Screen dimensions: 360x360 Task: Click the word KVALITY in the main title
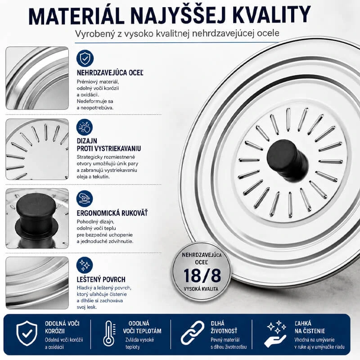tap(271, 16)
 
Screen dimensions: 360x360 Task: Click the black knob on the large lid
tap(287, 160)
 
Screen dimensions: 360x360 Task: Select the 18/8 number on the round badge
tap(202, 275)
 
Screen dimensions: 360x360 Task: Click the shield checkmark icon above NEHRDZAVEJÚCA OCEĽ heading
tap(85, 58)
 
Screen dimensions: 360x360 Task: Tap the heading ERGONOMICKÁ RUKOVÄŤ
tap(112, 213)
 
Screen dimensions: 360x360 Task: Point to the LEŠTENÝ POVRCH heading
tap(101, 279)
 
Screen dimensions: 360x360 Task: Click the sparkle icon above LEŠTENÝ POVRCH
tap(85, 265)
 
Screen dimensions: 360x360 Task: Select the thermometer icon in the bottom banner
tap(109, 333)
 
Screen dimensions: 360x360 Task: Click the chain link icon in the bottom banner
tap(193, 333)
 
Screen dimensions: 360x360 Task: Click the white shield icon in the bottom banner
tap(27, 333)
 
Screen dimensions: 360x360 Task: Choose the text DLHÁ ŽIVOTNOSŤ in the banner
tap(224, 327)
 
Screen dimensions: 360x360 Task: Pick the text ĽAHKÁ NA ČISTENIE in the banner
tap(310, 327)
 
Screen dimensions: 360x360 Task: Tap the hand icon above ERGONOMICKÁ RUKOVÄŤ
tap(85, 198)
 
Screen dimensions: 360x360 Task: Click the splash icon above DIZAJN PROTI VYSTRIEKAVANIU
tap(85, 127)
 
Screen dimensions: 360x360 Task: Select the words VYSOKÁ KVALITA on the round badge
tap(201, 289)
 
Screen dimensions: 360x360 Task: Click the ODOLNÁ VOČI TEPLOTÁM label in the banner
tap(142, 327)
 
